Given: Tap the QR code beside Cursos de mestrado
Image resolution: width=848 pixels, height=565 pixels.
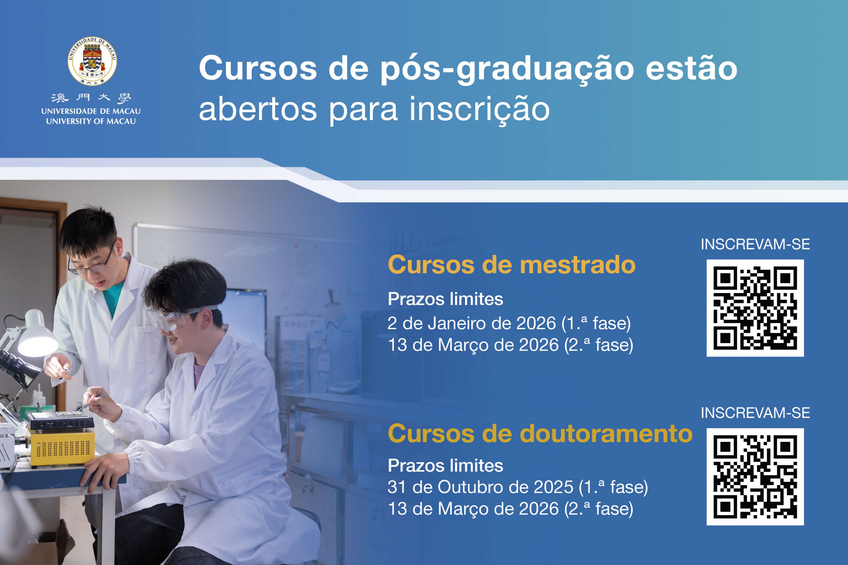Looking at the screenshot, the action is pos(755,308).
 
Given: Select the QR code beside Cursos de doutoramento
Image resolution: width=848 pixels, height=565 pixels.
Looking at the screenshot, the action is pos(755,477).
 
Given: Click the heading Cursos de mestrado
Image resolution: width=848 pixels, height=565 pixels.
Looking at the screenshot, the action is pos(511,265).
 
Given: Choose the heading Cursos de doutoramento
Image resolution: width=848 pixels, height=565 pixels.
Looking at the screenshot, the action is pos(540,434).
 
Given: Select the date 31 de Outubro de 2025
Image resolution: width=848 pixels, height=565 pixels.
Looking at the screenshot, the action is pos(480,488).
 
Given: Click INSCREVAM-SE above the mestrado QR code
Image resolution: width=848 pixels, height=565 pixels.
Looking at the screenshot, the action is pos(755,245).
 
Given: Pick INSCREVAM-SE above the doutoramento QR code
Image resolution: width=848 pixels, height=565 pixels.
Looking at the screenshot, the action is pos(755,413).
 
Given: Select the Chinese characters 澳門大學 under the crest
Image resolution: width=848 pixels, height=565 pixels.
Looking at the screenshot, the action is pos(91,98).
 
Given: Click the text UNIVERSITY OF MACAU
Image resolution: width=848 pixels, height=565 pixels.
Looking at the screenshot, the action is pos(91,121).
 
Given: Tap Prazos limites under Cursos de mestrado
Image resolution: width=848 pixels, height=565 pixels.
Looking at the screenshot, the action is pos(446,299).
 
